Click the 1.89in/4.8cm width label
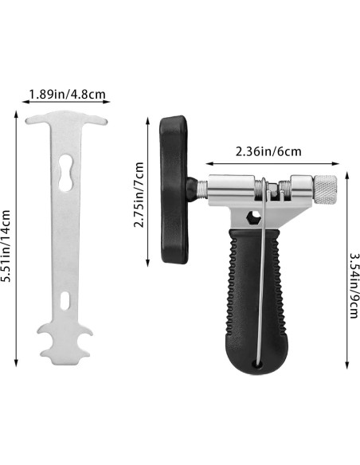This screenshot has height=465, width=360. [x=67, y=95]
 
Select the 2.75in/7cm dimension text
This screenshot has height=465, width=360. [x=139, y=195]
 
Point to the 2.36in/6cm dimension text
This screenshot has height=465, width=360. [x=268, y=151]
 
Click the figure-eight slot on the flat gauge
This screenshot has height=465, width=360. [x=67, y=167]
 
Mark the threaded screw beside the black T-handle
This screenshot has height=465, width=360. [x=200, y=189]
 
